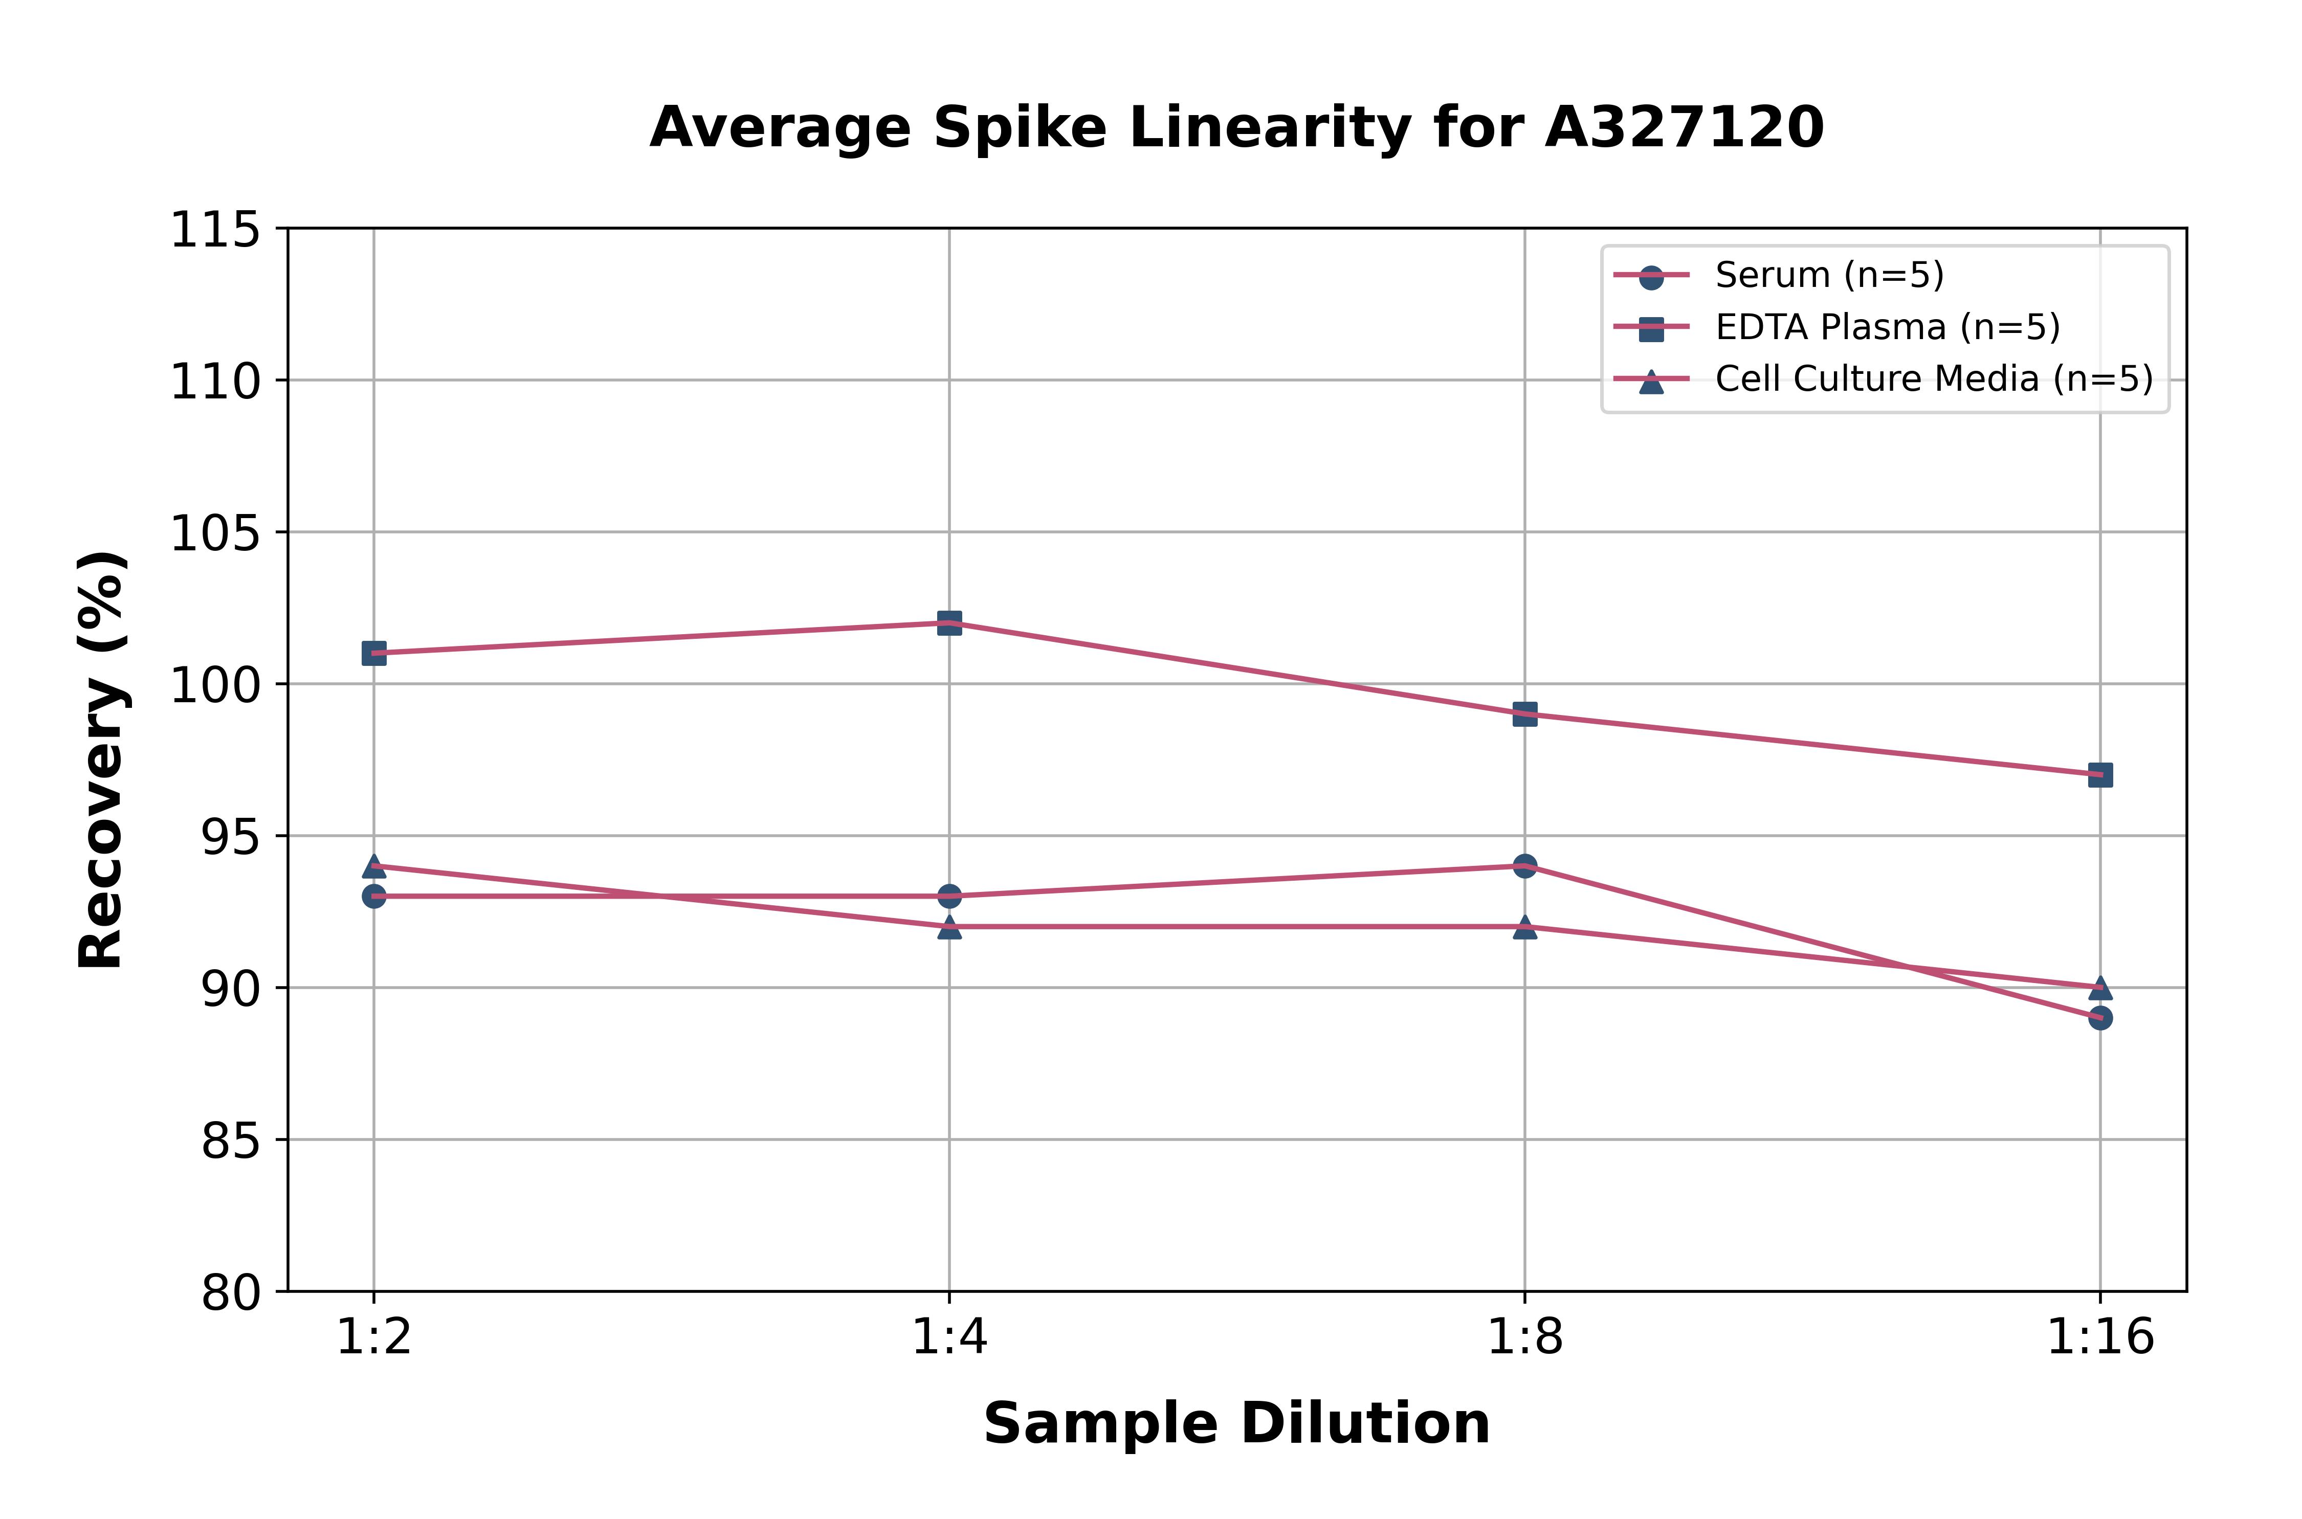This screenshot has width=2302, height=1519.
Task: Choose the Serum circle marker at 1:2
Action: pos(374,896)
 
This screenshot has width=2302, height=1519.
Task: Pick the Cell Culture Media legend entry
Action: pos(1933,379)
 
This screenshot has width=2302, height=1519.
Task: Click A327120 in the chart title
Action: pos(1684,128)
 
